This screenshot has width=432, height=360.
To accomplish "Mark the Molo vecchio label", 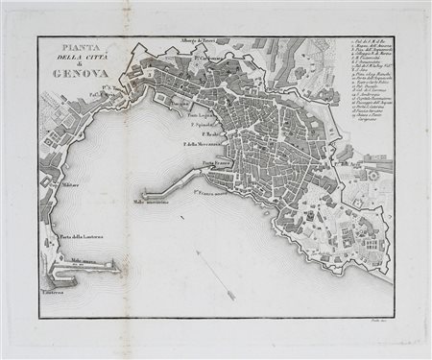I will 152,203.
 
